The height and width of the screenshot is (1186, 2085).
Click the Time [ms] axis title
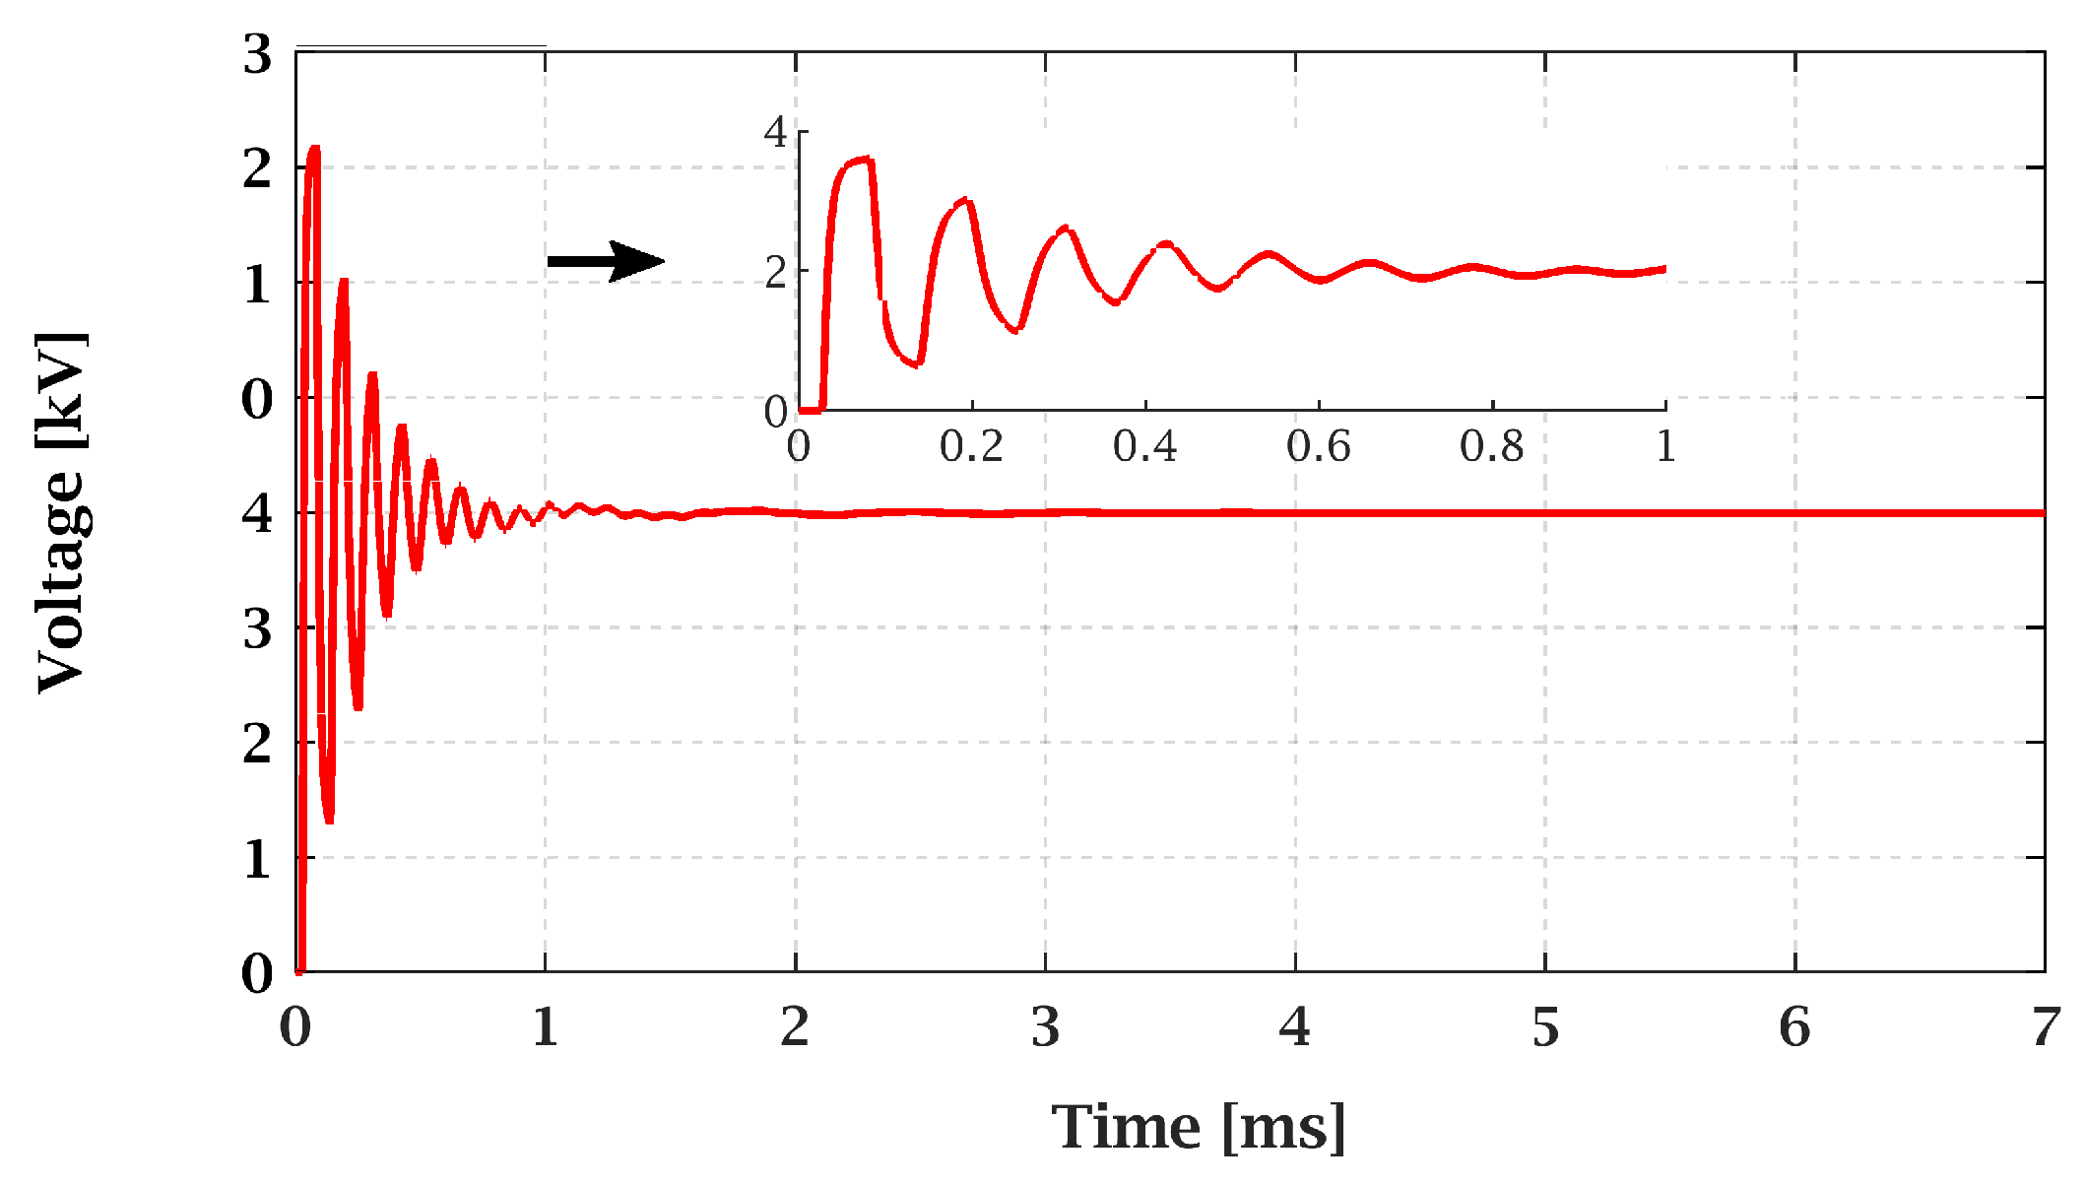tap(1198, 1127)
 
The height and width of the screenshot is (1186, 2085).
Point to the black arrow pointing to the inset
tap(606, 261)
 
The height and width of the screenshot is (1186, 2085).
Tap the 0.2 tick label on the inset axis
tap(971, 447)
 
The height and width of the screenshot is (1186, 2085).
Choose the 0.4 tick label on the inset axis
tap(1144, 447)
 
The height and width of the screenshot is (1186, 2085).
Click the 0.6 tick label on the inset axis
tap(1318, 447)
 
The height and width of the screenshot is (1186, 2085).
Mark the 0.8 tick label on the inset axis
tap(1491, 447)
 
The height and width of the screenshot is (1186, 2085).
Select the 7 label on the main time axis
tap(2045, 1028)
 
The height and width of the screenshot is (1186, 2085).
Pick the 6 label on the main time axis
tap(1794, 1028)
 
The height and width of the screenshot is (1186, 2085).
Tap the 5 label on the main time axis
tap(1544, 1028)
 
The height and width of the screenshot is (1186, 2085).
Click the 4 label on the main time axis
tap(1294, 1028)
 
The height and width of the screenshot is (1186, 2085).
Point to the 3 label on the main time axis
tap(1045, 1028)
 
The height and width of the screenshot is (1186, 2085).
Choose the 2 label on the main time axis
tap(795, 1028)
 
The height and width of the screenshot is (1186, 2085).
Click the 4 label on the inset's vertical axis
tap(776, 133)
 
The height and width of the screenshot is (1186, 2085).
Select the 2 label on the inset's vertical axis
tap(776, 272)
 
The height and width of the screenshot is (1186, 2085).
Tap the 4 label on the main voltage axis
tap(257, 513)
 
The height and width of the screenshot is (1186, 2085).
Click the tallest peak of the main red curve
tap(314, 149)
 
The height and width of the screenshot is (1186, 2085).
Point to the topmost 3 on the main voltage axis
tap(257, 54)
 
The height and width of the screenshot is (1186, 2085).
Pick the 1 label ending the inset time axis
tap(1665, 447)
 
